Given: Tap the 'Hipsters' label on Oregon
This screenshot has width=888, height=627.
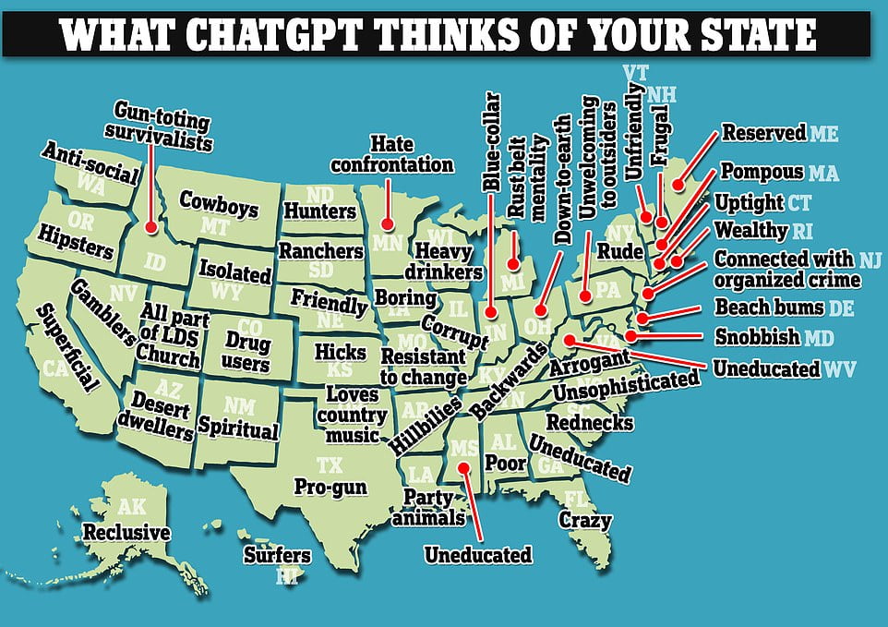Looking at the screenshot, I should [x=76, y=242].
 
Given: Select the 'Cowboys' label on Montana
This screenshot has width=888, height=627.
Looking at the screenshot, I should [x=219, y=203].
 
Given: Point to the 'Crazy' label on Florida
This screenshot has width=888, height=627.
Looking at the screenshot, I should [x=585, y=520].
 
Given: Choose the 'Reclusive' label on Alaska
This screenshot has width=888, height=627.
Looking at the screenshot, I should [x=126, y=533].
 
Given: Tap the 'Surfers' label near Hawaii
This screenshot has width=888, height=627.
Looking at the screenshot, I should [x=277, y=555].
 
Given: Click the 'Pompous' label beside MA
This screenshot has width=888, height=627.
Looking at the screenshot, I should [x=762, y=173].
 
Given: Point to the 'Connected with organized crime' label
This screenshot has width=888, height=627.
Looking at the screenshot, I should [x=786, y=270].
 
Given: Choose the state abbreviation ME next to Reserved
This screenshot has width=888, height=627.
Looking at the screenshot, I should [x=824, y=134].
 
